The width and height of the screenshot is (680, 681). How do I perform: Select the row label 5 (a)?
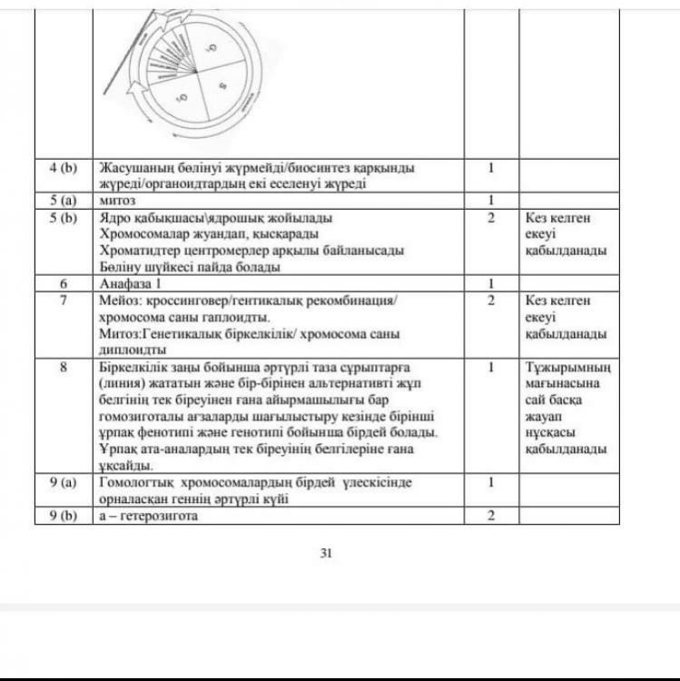[x=64, y=200]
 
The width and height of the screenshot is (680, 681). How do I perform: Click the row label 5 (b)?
[x=64, y=218]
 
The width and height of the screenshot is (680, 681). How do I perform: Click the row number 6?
[x=64, y=283]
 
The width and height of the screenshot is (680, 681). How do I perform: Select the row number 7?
[x=64, y=301]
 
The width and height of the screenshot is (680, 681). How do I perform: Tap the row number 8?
[x=64, y=367]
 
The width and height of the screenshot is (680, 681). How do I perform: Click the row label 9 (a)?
[x=64, y=483]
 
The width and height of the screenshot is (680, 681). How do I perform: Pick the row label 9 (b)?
[x=64, y=516]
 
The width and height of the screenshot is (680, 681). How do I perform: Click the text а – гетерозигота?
[x=148, y=516]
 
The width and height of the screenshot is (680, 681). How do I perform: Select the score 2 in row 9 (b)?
[x=491, y=516]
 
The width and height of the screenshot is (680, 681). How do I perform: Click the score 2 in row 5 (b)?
[x=491, y=218]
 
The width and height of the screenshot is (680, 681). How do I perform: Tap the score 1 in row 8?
[x=491, y=367]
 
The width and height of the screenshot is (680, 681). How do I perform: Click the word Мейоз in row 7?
[x=119, y=301]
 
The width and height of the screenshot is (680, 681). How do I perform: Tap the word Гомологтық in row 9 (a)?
[x=134, y=483]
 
